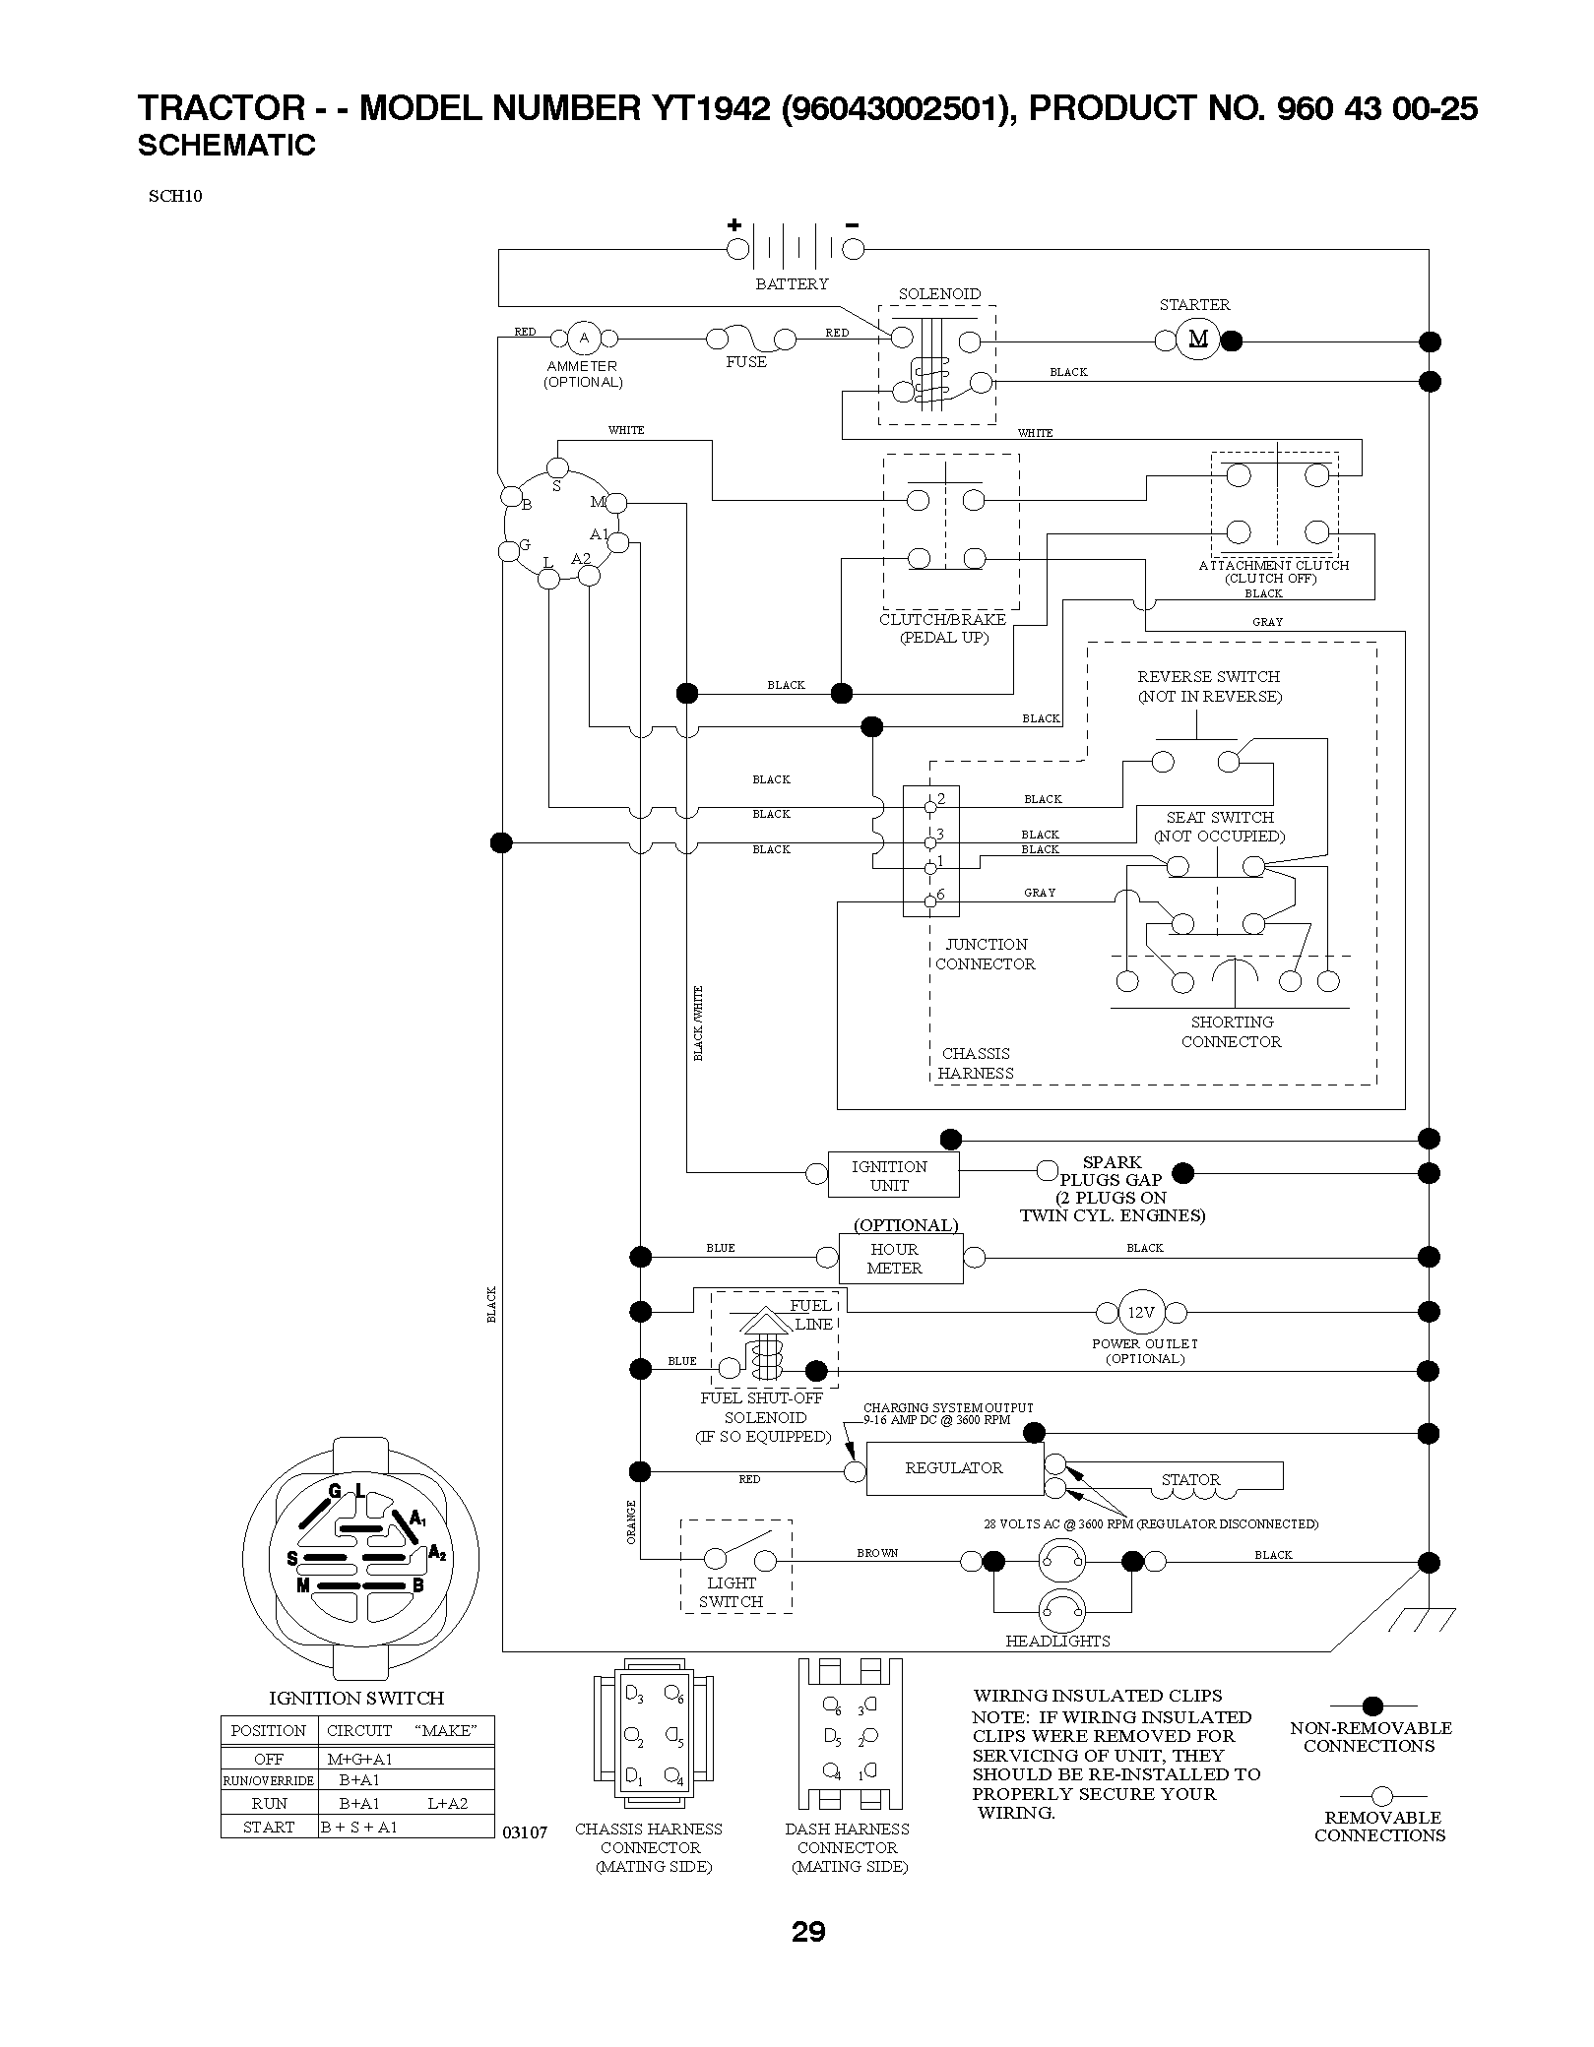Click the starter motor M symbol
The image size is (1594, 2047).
[x=1198, y=340]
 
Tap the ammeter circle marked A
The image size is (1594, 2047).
[x=584, y=339]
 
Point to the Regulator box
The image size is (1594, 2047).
[x=955, y=1468]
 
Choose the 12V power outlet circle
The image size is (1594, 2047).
[x=1141, y=1312]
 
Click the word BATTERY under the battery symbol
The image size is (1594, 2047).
[x=792, y=283]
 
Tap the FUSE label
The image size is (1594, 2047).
[x=746, y=361]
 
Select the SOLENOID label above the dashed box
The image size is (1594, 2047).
[x=939, y=293]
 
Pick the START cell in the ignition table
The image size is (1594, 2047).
[x=268, y=1827]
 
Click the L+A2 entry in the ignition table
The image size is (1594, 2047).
[x=447, y=1803]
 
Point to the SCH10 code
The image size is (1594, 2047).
[x=175, y=195]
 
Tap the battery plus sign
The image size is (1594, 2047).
[x=734, y=224]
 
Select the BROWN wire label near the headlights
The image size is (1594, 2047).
[x=877, y=1553]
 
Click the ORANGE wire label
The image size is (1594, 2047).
[x=631, y=1521]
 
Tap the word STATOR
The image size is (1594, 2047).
[x=1190, y=1479]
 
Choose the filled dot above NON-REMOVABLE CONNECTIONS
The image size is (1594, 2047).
[x=1372, y=1706]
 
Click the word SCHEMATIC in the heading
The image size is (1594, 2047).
[x=226, y=146]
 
